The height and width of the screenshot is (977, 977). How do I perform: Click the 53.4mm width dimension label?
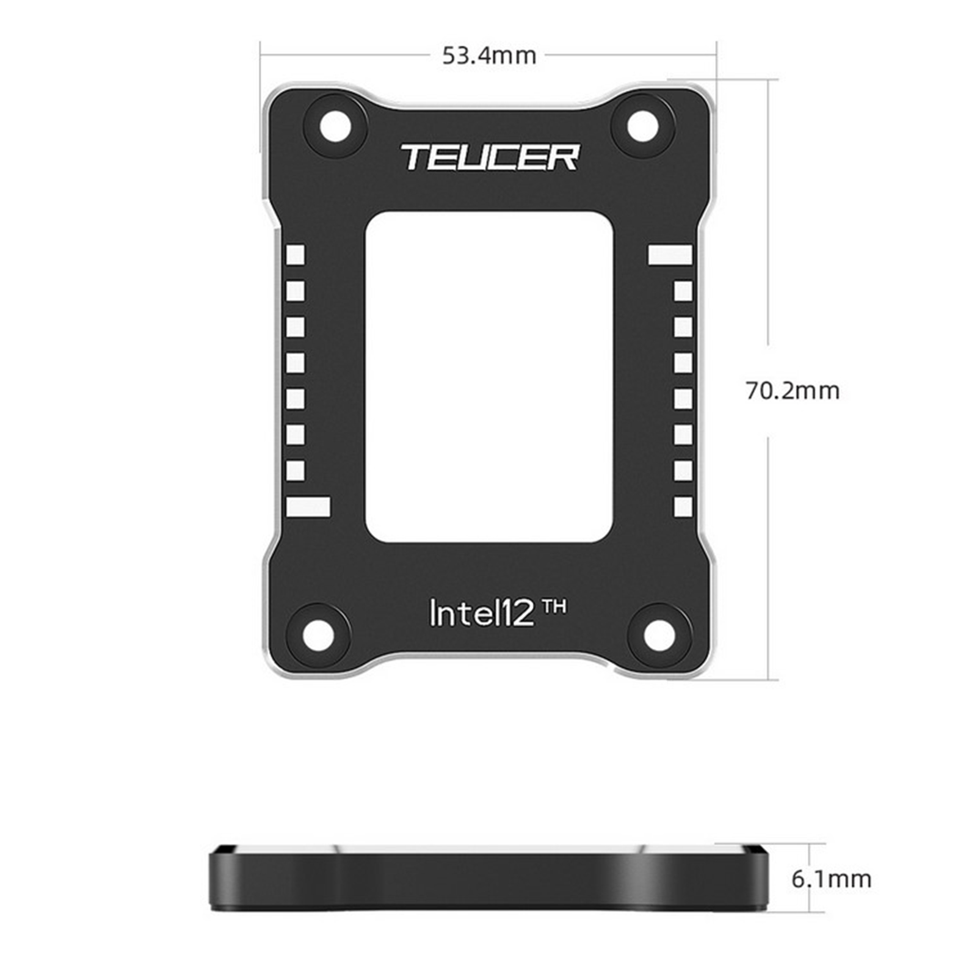pos(489,56)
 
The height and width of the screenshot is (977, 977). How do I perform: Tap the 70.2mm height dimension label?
pos(793,390)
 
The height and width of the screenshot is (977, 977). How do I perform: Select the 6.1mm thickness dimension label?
pos(831,879)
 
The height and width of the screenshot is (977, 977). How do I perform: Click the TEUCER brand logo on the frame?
pos(490,157)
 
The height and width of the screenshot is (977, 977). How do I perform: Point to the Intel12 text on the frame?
pos(482,612)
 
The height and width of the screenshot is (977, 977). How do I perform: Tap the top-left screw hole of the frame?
pos(335,128)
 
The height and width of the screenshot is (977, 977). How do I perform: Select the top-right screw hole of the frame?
pos(643,126)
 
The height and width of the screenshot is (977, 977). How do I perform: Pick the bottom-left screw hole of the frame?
pos(319,636)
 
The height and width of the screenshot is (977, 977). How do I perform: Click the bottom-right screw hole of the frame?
pos(659,636)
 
